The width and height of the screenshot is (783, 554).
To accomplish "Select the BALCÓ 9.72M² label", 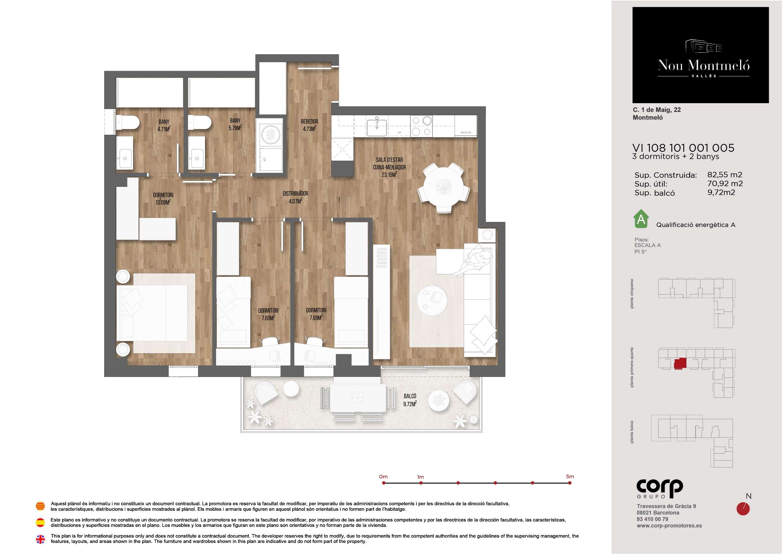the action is point(410,400).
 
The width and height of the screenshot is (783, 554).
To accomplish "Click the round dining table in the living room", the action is point(444,186).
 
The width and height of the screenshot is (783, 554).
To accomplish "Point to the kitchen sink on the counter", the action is point(377,128).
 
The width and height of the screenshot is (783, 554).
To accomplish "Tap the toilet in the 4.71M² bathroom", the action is point(127,122).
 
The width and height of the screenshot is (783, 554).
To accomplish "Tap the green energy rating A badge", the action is point(641,219).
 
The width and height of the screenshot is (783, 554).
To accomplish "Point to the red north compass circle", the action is point(743,509).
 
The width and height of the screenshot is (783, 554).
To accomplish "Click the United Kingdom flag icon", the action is point(40,539).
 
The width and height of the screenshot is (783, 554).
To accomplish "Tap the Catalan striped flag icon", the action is point(40,506).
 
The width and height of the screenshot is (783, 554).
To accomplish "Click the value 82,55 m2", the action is point(725,175).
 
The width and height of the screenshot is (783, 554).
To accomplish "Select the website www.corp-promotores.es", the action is point(669,526).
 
